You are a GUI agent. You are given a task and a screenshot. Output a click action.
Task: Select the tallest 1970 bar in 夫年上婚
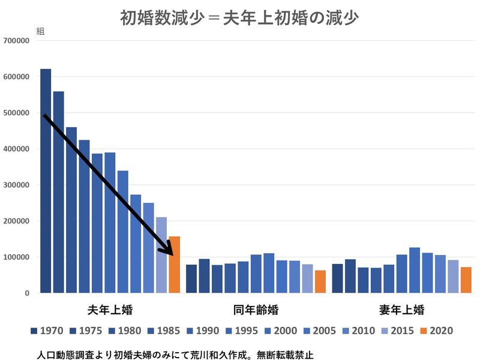click(46, 181)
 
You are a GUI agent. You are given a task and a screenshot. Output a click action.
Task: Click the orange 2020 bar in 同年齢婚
click(320, 281)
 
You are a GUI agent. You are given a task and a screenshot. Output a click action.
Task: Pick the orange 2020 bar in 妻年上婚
click(466, 280)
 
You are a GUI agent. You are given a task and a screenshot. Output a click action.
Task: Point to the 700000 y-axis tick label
click(16, 41)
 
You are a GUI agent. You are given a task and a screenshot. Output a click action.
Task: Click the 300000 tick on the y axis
click(16, 185)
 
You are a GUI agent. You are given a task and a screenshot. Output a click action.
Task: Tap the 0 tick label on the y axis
click(27, 293)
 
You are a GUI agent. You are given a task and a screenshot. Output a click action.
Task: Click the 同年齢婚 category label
click(256, 310)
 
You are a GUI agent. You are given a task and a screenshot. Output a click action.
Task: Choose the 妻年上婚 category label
click(401, 310)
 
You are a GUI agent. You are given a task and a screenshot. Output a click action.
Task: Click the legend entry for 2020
click(436, 331)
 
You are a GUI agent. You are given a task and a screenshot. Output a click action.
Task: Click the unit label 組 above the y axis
click(40, 31)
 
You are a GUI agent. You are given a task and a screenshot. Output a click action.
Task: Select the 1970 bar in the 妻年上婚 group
click(337, 278)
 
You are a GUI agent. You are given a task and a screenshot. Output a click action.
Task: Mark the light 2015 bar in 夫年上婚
click(161, 255)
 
